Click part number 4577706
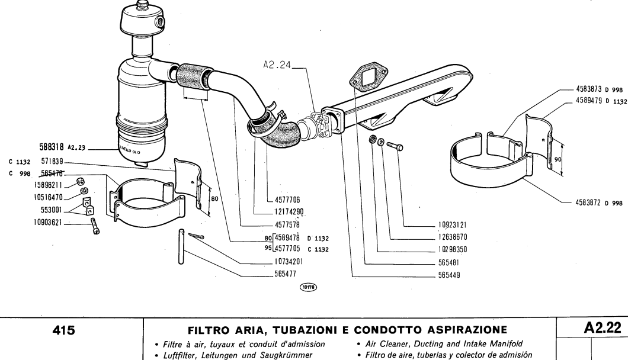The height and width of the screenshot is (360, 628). point(288,200)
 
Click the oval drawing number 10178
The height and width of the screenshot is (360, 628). point(309,286)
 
